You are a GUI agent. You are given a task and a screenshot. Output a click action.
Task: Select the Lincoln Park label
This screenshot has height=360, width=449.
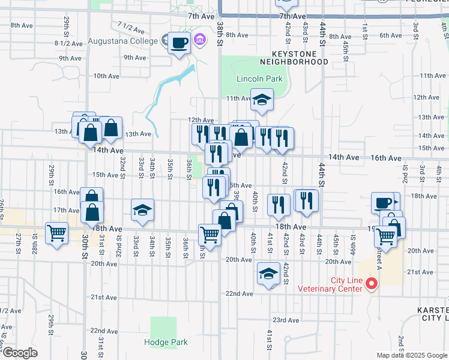pyautogui.click(x=259, y=79)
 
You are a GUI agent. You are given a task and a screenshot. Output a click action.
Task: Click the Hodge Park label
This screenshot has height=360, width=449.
pyautogui.click(x=166, y=343)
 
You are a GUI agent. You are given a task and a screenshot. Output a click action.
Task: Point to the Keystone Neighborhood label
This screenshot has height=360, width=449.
pyautogui.click(x=294, y=57)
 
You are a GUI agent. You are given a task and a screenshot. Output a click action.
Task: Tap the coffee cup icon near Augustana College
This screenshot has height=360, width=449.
pyautogui.click(x=179, y=43)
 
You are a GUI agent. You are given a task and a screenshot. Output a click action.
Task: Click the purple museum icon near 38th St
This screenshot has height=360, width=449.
pyautogui.click(x=200, y=40)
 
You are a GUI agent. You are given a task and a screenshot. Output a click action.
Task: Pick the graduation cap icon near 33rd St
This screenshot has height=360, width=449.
pyautogui.click(x=142, y=210)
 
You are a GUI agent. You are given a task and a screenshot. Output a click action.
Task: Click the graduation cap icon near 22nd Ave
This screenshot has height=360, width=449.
pyautogui.click(x=268, y=274)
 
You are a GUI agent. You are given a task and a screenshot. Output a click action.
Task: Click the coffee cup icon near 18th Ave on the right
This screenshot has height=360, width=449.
pyautogui.click(x=382, y=203)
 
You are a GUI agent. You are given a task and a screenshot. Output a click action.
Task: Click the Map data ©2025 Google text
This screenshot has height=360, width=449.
pyautogui.click(x=411, y=355)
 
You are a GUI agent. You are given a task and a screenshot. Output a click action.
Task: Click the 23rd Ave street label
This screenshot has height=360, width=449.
pyautogui.click(x=286, y=320)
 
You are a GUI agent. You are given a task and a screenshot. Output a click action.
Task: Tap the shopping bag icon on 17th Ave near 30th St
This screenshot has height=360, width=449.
pyautogui.click(x=92, y=212)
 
